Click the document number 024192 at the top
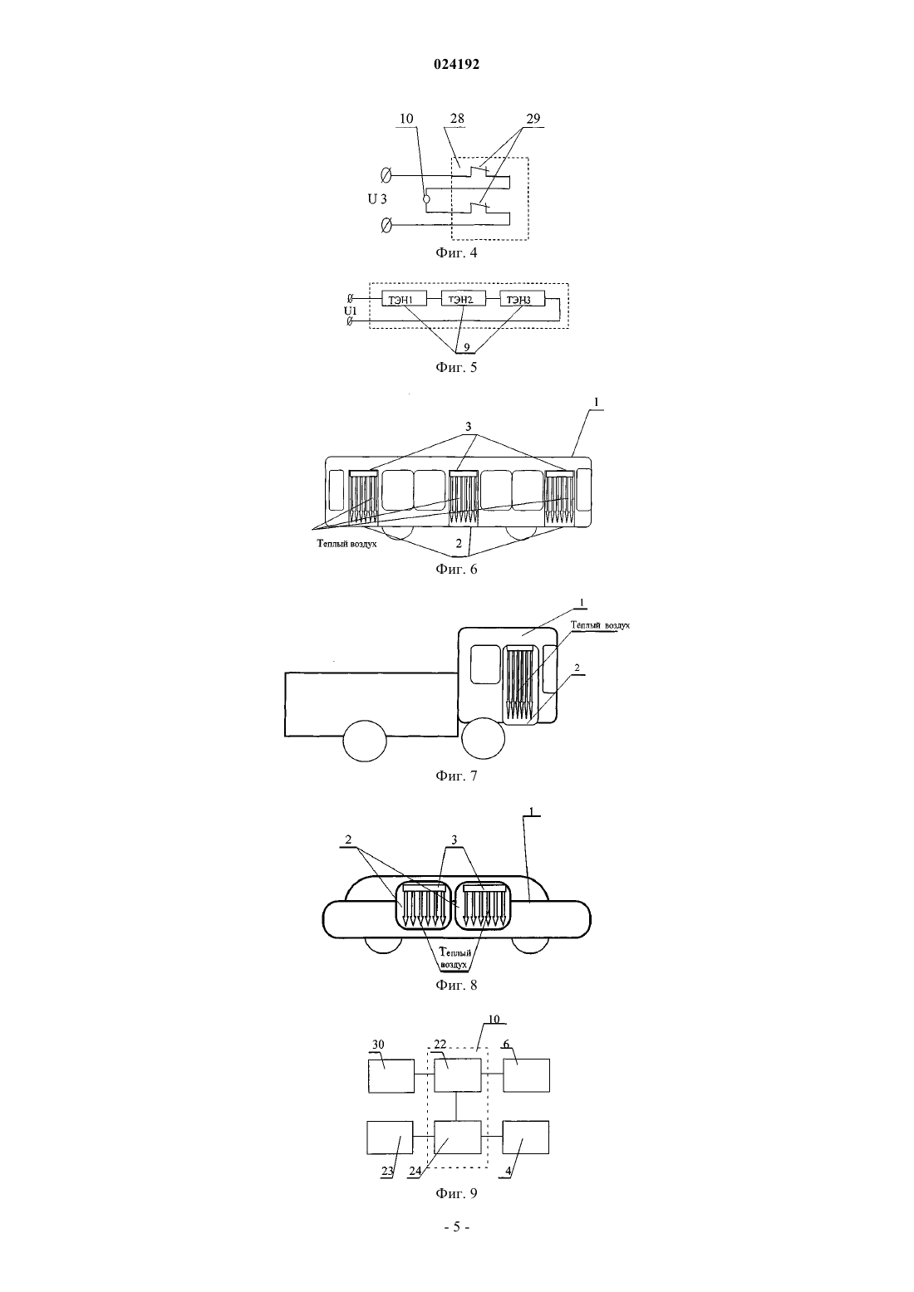point(456,65)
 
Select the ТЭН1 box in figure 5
point(405,299)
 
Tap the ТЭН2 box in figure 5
point(464,299)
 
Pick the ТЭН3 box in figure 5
point(522,299)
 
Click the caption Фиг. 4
point(456,252)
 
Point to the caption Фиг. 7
point(456,776)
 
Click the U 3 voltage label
point(377,199)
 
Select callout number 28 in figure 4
point(457,118)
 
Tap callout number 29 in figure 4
point(533,118)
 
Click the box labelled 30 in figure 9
point(391,1076)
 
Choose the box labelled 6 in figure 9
point(526,1075)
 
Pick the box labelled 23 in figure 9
point(390,1138)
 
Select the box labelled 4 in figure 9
point(526,1137)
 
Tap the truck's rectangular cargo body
point(371,704)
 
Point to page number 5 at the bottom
point(456,1227)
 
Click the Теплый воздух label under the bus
point(346,543)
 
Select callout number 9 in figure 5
point(466,347)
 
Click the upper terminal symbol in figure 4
point(386,174)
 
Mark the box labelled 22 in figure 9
point(458,1075)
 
